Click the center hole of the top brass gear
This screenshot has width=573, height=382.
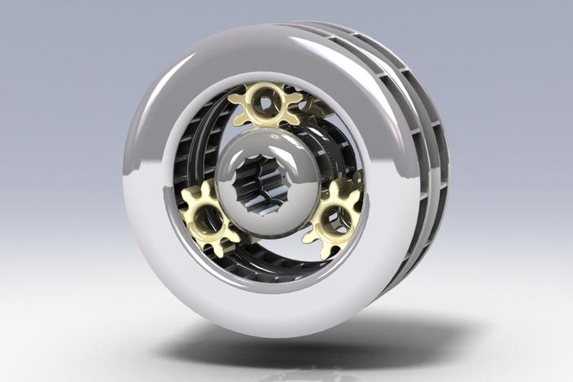pos(265,103)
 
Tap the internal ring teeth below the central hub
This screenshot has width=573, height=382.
pos(269,261)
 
